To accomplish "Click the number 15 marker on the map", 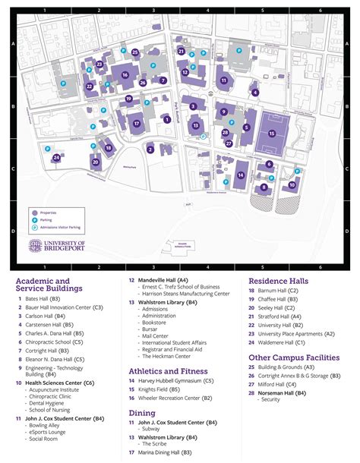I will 272,133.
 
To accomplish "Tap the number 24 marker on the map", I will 57,158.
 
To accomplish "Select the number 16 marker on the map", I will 125,74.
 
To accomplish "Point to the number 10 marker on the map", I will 292,184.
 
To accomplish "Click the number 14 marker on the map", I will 240,175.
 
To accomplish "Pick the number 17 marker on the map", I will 137,123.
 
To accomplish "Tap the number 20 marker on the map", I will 95,162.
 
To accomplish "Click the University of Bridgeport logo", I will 58,245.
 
